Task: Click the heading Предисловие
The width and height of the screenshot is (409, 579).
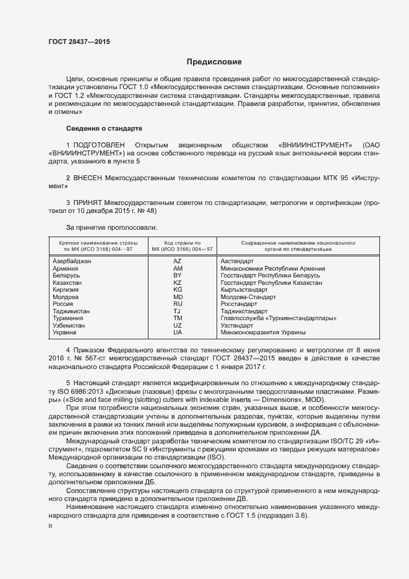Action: (x=214, y=62)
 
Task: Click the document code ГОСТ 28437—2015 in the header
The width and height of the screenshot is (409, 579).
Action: (x=80, y=41)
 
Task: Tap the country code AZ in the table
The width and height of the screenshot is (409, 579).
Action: (x=178, y=261)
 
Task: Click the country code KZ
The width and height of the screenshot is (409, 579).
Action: (x=178, y=282)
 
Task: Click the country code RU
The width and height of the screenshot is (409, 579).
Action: (x=178, y=304)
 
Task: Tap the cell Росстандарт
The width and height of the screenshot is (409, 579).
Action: (x=238, y=304)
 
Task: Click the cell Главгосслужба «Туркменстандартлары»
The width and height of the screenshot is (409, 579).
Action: (x=278, y=318)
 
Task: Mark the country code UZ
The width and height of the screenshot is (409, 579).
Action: (x=178, y=325)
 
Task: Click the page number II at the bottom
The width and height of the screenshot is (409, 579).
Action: (x=50, y=526)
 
